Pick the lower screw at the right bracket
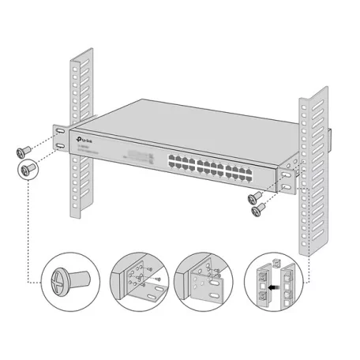258,209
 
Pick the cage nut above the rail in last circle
277,261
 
